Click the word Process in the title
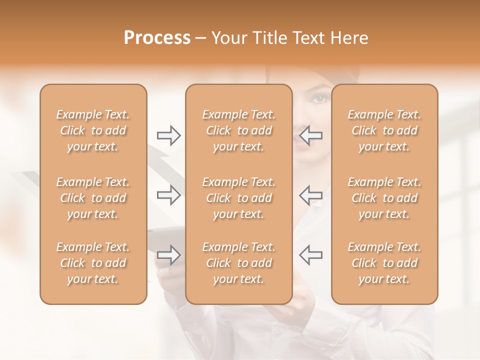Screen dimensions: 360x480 click(x=157, y=38)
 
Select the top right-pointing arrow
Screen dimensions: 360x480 click(x=168, y=135)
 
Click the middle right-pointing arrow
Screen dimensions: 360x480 click(x=168, y=195)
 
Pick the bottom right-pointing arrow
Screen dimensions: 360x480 click(x=168, y=255)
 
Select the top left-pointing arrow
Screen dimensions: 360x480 click(x=311, y=135)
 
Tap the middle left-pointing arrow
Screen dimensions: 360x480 click(x=311, y=195)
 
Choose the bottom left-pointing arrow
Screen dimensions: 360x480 click(x=311, y=255)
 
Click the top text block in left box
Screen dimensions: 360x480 click(x=93, y=130)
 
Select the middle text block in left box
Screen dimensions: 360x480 click(x=93, y=198)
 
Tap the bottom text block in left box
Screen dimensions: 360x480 click(x=93, y=263)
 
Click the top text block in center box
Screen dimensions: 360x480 click(x=239, y=130)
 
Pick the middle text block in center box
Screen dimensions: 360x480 click(x=239, y=198)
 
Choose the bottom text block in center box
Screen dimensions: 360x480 click(x=239, y=263)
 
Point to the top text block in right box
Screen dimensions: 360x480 click(x=384, y=130)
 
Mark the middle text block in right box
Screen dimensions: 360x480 click(x=384, y=198)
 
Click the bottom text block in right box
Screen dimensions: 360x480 click(x=384, y=263)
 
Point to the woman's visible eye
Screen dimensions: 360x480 click(x=320, y=98)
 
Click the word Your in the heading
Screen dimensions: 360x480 click(x=229, y=38)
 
